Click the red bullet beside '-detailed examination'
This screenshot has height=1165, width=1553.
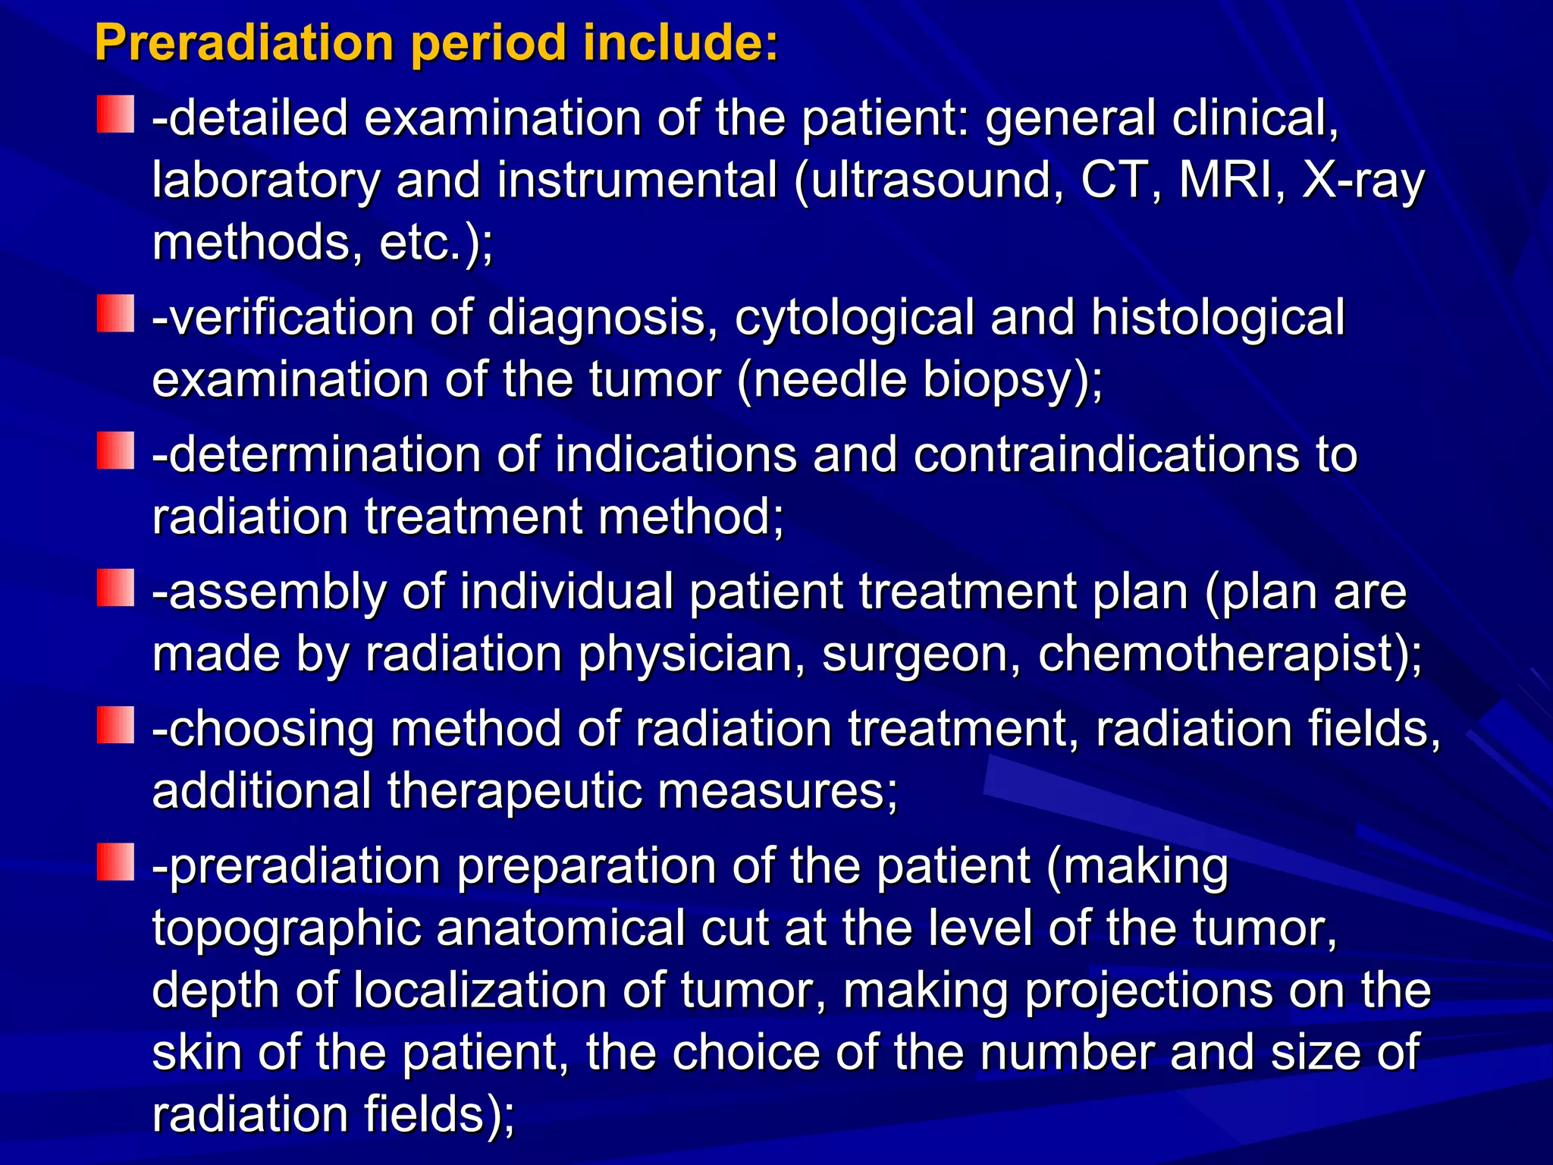(115, 115)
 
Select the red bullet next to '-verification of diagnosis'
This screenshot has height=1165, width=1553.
(115, 313)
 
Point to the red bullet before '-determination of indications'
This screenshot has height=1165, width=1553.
(115, 451)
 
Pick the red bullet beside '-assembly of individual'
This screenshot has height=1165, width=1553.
(115, 588)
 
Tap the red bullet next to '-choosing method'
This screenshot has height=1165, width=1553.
(115, 725)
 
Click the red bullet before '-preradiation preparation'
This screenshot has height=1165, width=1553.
(115, 862)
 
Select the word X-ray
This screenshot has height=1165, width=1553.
(1363, 182)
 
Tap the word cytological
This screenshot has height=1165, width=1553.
(854, 318)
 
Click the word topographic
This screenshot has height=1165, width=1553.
(287, 929)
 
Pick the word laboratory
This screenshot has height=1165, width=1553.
(265, 182)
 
